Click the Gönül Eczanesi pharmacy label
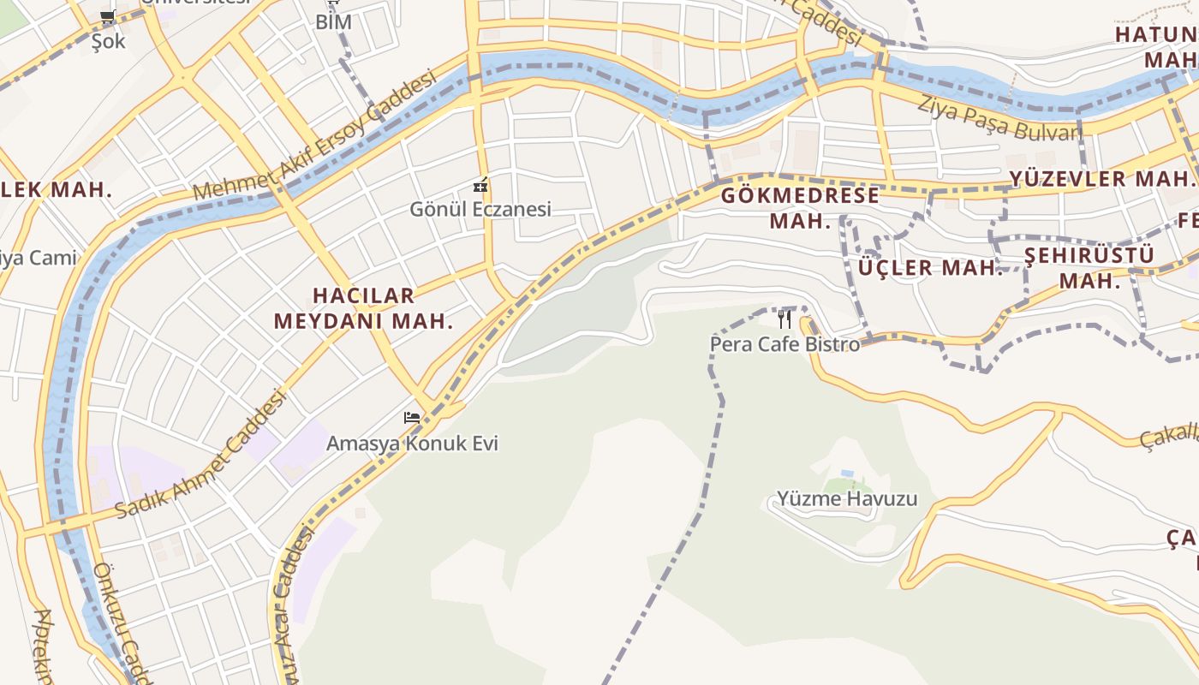click(480, 209)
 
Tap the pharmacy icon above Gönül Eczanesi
click(480, 184)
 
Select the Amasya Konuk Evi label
click(412, 444)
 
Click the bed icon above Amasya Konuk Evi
click(412, 418)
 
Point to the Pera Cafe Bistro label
click(784, 344)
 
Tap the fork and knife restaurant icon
click(784, 319)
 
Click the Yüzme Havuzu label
click(846, 498)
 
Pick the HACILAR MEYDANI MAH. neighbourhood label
click(363, 308)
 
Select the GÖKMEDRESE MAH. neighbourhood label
click(800, 207)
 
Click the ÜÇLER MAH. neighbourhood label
click(929, 267)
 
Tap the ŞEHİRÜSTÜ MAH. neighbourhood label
click(1089, 267)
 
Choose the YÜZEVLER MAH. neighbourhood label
click(1101, 179)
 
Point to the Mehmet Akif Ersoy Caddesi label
click(315, 135)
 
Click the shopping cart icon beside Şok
click(108, 16)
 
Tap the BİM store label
click(333, 22)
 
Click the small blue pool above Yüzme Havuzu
click(847, 474)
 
